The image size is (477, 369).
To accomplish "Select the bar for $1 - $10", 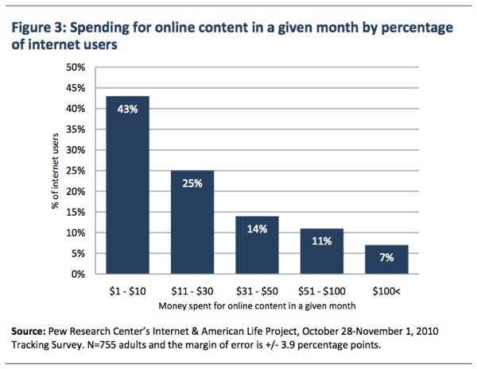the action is [128, 185].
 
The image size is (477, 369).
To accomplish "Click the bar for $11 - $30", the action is [192, 222].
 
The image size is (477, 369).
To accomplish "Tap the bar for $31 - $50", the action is [257, 245].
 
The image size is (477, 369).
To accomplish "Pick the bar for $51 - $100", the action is [322, 252].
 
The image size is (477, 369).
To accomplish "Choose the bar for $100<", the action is [386, 259].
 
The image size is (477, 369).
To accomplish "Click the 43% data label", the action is [128, 109].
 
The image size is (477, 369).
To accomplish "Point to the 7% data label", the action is [386, 258].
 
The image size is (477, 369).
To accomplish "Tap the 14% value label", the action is [257, 229].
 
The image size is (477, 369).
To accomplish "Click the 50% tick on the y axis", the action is [76, 67].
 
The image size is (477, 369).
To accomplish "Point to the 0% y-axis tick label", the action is [78, 275].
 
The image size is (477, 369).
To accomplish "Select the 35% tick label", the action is [76, 129].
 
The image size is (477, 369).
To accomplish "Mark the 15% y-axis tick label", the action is [76, 213].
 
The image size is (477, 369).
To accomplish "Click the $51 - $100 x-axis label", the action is [322, 291].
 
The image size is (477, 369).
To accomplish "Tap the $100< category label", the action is [386, 291].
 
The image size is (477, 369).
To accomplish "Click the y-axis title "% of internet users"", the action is [55, 171].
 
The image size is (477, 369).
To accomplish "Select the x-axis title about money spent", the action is [257, 306].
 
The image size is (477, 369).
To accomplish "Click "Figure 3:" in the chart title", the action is [38, 28].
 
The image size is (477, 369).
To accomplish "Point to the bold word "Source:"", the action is [29, 331].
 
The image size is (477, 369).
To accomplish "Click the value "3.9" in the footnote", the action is [288, 345].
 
